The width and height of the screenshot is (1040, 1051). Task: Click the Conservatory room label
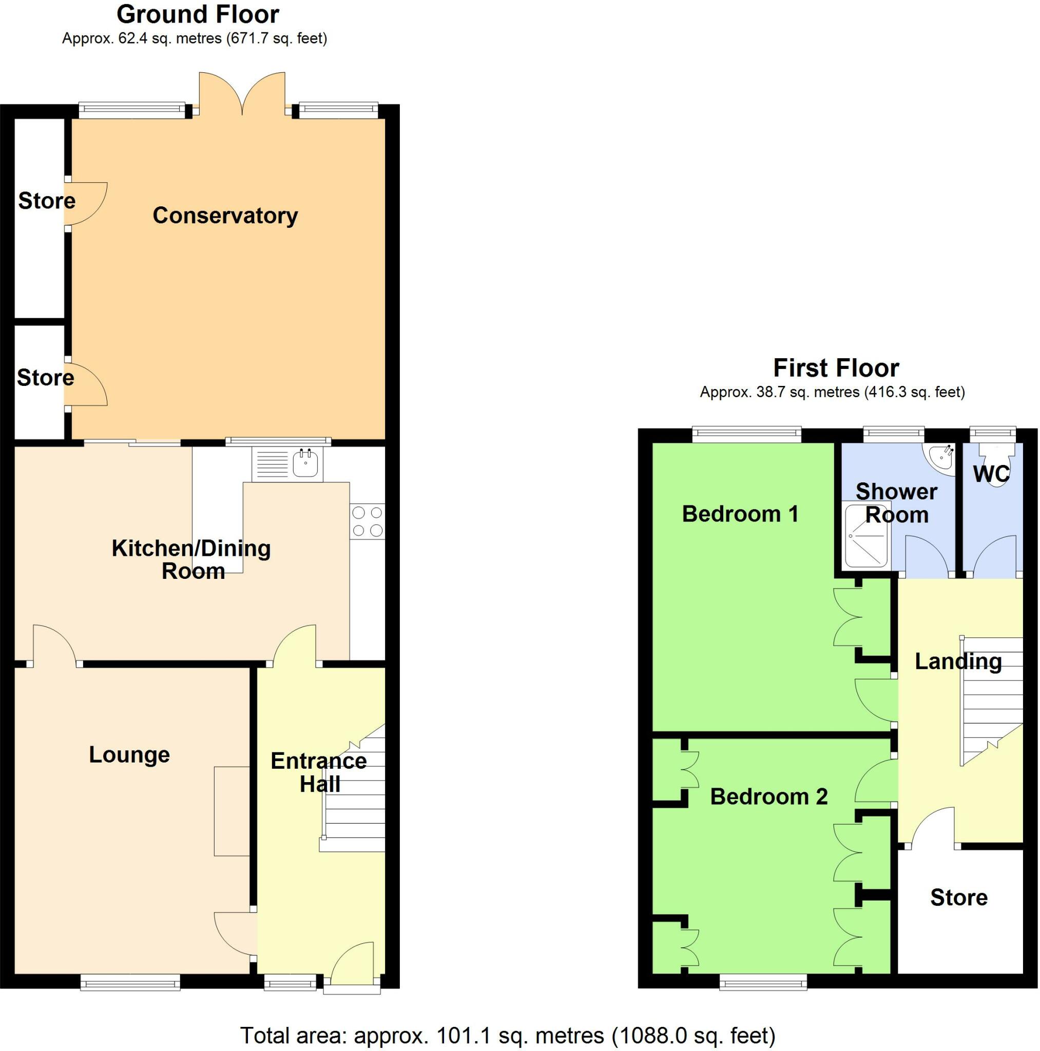[x=225, y=216]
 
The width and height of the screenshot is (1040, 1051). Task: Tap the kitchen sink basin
[x=305, y=464]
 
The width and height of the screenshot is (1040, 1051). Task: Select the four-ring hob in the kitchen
[x=368, y=521]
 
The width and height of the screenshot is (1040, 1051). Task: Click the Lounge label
[x=129, y=754]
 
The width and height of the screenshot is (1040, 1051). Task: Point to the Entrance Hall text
[x=319, y=772]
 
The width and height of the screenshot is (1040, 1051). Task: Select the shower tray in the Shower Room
[x=867, y=535]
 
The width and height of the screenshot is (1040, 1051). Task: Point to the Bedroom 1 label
[x=740, y=514]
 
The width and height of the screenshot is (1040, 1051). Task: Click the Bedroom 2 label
[x=768, y=796]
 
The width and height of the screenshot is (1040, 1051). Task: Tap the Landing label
[x=958, y=661]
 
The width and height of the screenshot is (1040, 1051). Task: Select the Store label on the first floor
[x=958, y=897]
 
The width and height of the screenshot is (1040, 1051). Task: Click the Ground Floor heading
[x=198, y=15]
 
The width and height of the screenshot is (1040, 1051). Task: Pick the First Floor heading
[x=836, y=368]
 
